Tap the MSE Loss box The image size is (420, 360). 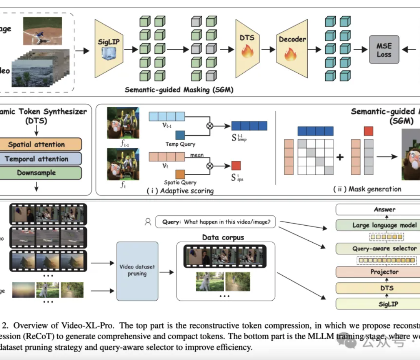tap(383, 50)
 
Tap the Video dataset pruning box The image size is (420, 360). tap(137, 271)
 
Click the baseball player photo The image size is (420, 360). tap(42, 30)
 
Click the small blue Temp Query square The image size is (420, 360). tap(180, 135)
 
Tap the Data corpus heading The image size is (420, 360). tap(223, 237)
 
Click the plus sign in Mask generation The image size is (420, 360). tap(340, 157)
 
